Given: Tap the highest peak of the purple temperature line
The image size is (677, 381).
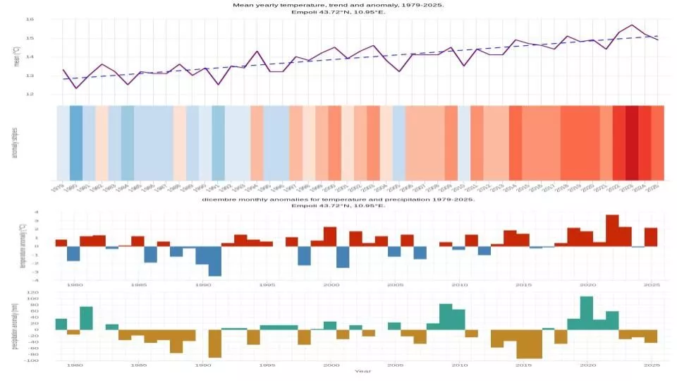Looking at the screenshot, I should pos(632,25).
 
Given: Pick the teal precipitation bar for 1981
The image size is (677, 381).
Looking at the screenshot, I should pos(86,317).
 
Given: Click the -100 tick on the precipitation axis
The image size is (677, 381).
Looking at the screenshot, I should pos(44,360).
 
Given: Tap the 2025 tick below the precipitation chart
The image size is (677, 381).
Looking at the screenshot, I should pos(652,365).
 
